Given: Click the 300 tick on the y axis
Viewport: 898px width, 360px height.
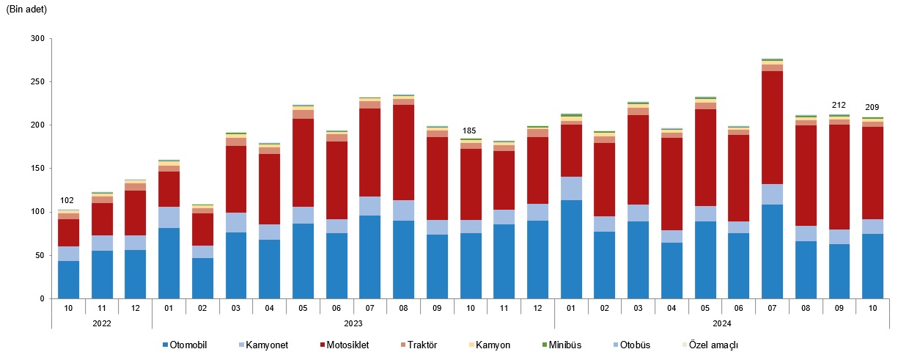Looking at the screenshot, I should (38, 38).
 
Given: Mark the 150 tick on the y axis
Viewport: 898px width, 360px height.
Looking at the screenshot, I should (38, 169).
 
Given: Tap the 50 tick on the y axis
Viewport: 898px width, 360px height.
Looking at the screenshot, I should (40, 255).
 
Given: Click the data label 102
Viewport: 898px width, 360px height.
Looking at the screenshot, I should (67, 201).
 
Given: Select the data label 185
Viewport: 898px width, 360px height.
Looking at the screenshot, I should (470, 131).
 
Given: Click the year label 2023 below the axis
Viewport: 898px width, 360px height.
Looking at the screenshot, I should (353, 323).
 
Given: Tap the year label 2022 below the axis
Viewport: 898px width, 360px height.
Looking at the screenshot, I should (101, 323).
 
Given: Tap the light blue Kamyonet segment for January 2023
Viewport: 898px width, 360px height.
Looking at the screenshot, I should (169, 217).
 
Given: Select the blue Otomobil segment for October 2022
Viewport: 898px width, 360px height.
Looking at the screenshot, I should (68, 280).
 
